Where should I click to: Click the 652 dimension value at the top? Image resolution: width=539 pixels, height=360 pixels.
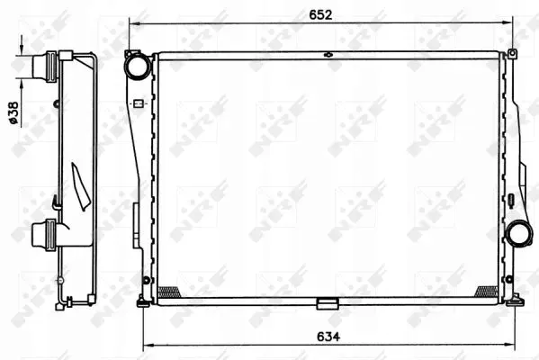pos(320,14)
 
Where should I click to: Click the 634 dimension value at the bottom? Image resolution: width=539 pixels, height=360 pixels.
pos(328,337)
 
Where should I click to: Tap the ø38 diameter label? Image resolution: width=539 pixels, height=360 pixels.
pos(13,113)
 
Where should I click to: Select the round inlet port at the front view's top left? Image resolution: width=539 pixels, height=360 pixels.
pos(138,66)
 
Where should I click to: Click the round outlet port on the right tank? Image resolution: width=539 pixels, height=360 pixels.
pos(518,234)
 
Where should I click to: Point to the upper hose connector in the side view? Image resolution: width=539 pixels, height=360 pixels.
pos(44,67)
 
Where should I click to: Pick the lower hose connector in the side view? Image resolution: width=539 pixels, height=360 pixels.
pos(44,235)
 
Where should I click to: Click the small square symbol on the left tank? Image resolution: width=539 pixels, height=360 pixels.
pos(139,103)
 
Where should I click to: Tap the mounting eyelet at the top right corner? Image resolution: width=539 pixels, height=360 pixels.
pos(512,53)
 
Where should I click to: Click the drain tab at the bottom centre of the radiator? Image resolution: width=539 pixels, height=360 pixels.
pos(328,303)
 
